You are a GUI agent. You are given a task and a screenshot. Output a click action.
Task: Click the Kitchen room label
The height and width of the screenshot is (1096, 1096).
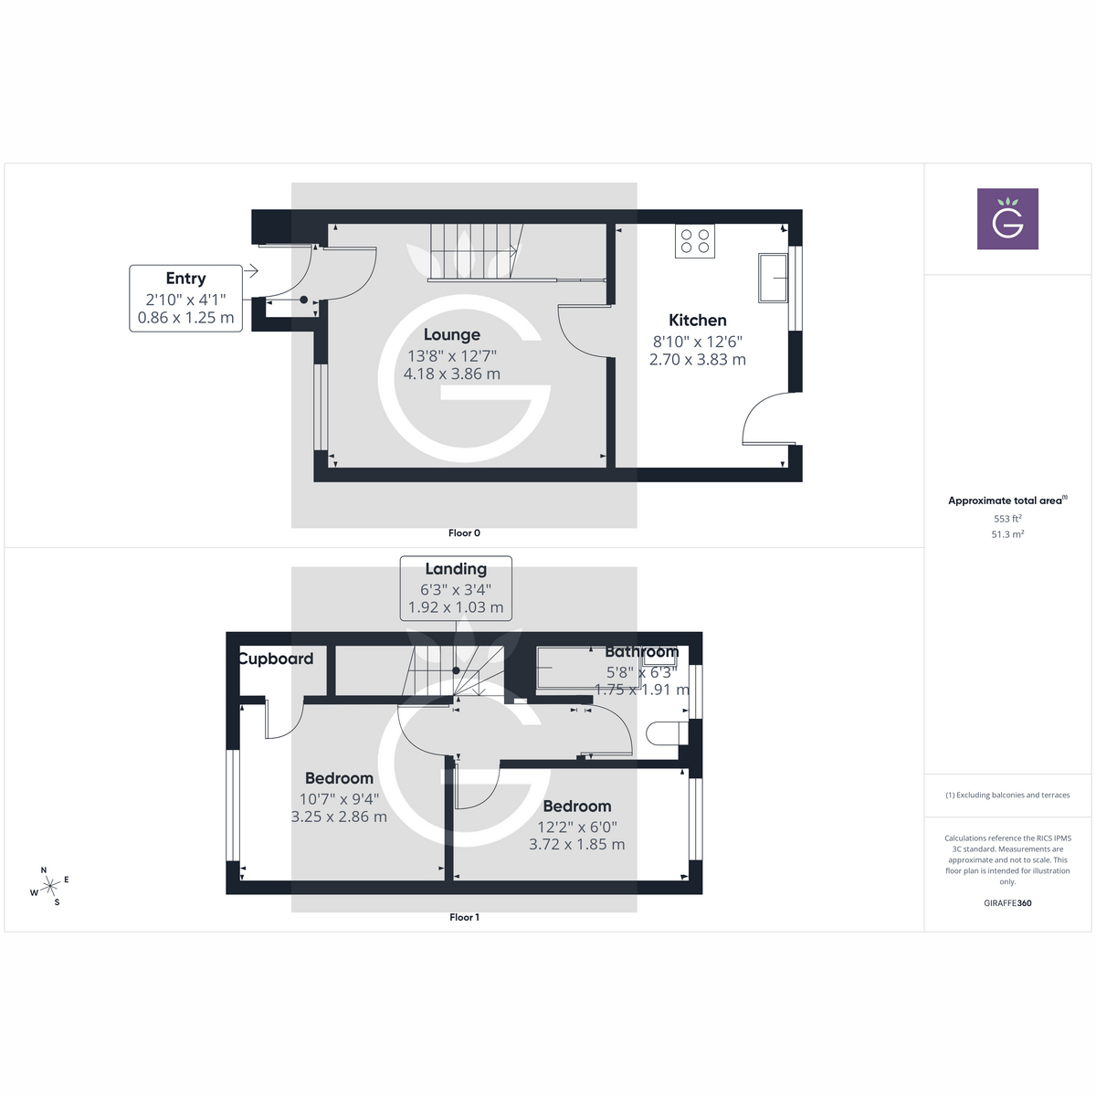[698, 321]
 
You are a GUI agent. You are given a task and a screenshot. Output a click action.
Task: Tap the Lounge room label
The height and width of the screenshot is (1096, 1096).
[452, 335]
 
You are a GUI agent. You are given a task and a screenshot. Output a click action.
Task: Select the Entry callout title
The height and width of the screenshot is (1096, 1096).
[185, 279]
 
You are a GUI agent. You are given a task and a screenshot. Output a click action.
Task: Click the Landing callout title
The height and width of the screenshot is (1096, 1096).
[456, 569]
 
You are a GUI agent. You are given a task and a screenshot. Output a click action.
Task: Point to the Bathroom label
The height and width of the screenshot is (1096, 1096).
[642, 652]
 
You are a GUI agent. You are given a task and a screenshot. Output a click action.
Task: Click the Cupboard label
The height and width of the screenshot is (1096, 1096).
[276, 659]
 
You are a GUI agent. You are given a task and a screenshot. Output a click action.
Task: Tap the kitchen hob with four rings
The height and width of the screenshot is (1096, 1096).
[695, 241]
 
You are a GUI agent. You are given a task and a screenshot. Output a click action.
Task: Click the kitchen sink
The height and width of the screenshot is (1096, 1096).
[773, 278]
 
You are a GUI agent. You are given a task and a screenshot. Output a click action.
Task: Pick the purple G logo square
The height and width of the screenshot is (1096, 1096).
[1007, 219]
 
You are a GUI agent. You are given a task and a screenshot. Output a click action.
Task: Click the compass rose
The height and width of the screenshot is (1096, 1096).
[50, 884]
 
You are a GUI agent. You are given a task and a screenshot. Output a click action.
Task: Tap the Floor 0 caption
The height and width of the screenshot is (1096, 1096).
[464, 533]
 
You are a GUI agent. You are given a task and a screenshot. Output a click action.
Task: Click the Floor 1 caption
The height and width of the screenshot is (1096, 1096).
[464, 918]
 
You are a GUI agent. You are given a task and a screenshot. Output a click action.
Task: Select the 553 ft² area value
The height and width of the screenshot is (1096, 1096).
[1007, 519]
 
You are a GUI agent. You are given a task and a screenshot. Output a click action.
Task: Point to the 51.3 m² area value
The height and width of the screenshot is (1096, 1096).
[1007, 534]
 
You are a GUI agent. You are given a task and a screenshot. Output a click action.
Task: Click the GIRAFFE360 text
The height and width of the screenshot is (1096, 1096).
[1007, 903]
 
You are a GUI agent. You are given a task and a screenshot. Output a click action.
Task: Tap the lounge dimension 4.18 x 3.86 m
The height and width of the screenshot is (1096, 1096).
[452, 374]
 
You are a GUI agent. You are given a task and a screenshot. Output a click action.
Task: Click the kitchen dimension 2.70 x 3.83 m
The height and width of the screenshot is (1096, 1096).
[698, 360]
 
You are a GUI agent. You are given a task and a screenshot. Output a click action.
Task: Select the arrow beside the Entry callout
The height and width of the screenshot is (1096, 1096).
[251, 271]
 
